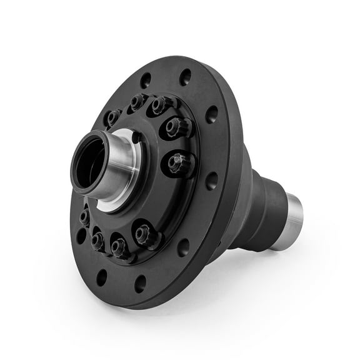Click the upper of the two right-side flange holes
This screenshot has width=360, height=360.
pyautogui.click(x=212, y=114)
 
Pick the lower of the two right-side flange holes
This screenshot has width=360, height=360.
pyautogui.click(x=212, y=181)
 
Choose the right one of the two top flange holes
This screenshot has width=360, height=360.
pyautogui.click(x=185, y=77)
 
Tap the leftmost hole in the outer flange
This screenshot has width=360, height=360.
pyautogui.click(x=81, y=236)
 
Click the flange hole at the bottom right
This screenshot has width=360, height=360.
pyautogui.click(x=183, y=247)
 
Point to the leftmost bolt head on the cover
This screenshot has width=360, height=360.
pyautogui.click(x=84, y=216)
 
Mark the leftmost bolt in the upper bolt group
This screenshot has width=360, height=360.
pyautogui.click(x=113, y=117)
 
